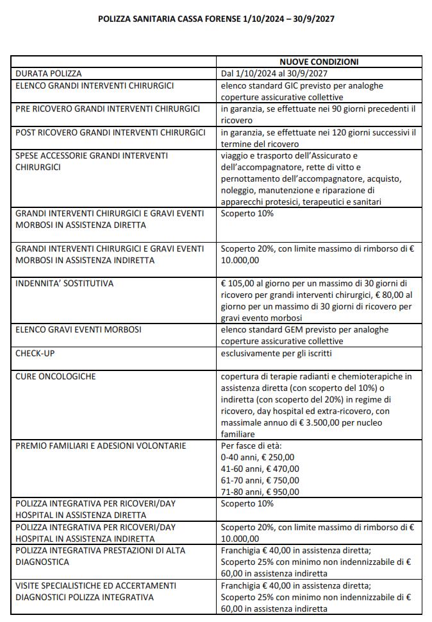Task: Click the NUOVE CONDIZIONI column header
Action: point(320,62)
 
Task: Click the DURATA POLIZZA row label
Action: point(49,73)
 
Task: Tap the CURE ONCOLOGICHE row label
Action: point(56,376)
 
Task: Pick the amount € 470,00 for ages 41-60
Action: point(279,469)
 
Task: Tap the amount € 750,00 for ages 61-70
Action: point(279,480)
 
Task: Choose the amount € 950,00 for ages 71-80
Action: point(279,492)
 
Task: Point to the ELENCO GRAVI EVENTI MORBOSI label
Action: point(78,329)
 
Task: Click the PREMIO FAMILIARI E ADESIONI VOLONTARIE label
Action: point(101,445)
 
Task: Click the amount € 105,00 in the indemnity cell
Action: point(241,283)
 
